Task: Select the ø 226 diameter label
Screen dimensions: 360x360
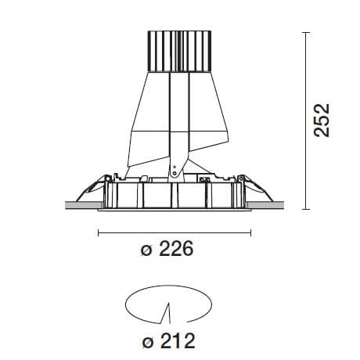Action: point(166,252)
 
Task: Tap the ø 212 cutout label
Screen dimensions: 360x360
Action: point(166,341)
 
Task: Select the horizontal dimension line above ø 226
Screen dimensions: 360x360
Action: point(173,232)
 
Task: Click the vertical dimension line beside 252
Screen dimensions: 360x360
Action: point(305,121)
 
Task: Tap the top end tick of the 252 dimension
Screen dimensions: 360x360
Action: point(305,32)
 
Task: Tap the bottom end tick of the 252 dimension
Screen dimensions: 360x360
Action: point(305,210)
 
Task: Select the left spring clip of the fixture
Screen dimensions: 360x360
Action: point(92,188)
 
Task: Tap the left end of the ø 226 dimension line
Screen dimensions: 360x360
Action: point(96,232)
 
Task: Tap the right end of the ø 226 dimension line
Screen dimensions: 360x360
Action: point(250,232)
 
